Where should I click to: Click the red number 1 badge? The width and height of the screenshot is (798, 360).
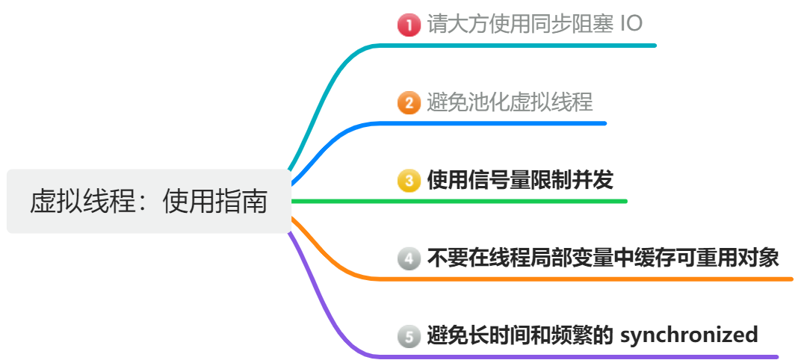pos(409,25)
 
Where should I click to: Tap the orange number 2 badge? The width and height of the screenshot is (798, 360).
pos(409,102)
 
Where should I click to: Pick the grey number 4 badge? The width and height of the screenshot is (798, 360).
pos(409,258)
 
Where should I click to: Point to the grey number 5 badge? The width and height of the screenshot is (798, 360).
pos(409,336)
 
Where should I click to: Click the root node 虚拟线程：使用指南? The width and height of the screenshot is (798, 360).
pos(149,201)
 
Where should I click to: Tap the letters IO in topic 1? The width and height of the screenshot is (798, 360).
pos(631,24)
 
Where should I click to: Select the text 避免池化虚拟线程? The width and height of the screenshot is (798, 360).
pos(510,102)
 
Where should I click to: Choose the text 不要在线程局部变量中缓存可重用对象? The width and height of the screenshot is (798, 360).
pos(603,258)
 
